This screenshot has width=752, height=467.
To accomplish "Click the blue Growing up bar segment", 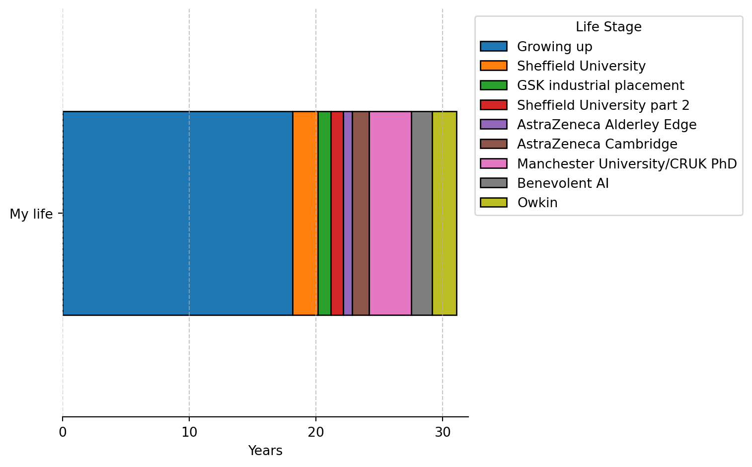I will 177,213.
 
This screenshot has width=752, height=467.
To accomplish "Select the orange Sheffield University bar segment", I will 305,213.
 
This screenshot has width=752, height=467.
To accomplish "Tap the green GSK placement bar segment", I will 324,213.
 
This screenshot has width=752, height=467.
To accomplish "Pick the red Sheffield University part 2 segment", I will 337,213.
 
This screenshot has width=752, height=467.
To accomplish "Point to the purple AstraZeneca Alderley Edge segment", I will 348,213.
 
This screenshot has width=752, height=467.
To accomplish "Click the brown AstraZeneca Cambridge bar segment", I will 361,213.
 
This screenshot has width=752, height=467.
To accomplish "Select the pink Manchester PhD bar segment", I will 390,213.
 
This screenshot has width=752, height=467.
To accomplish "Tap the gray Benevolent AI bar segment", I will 422,213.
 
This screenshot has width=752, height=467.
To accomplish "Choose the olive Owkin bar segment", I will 444,213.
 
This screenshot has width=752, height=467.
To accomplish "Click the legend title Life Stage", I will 608,27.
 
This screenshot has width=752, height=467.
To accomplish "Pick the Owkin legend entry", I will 537,203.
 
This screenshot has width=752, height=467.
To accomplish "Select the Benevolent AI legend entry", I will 563,183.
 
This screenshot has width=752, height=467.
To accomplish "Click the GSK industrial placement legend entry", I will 600,85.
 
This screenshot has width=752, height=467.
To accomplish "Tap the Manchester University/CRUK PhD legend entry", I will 626,164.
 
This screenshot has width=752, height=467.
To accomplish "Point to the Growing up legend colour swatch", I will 493,47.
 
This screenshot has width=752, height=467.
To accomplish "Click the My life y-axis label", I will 31,214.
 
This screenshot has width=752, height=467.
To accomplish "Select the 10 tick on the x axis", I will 189,432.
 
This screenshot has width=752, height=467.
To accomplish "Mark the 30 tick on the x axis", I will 443,432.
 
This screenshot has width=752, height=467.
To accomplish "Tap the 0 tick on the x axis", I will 63,432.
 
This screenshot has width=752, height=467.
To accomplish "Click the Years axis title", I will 265,451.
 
